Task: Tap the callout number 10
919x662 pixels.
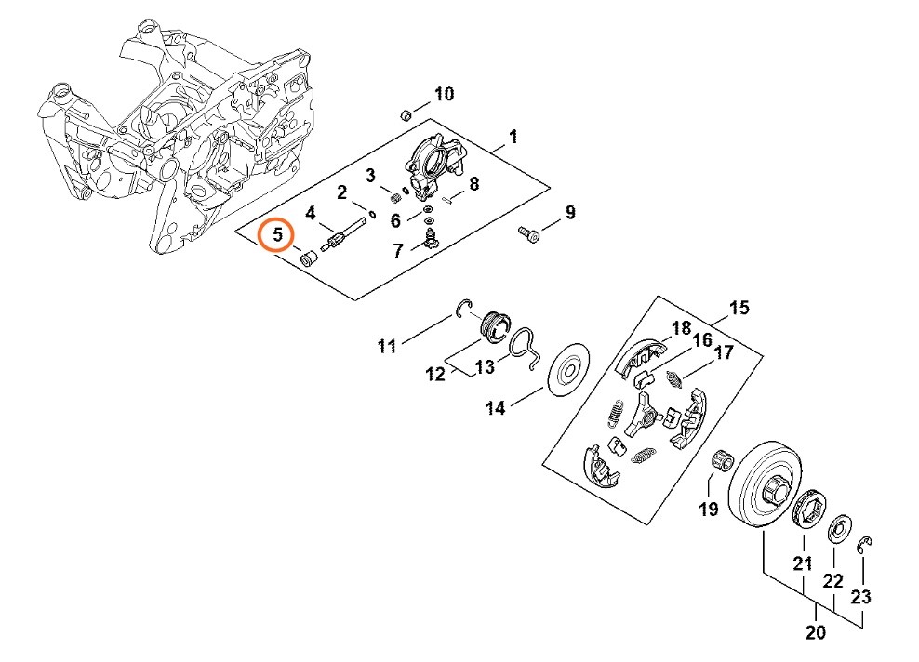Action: [444, 94]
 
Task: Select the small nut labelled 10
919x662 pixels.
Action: [406, 115]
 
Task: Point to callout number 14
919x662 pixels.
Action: [495, 407]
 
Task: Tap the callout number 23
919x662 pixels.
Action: [861, 595]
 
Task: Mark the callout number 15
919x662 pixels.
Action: [739, 308]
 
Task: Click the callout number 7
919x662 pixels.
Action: [398, 250]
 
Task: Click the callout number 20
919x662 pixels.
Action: [816, 634]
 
